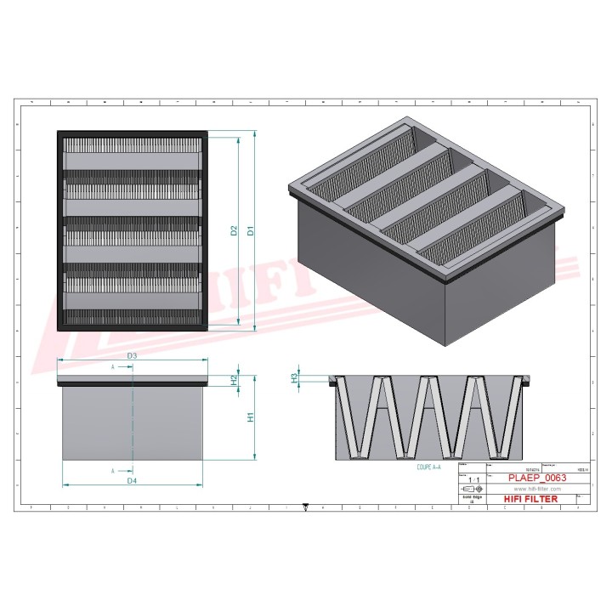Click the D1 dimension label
click(x=250, y=230)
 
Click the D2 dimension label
click(x=233, y=230)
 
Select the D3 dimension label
click(x=132, y=354)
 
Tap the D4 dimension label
click(x=132, y=482)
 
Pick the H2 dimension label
click(x=234, y=380)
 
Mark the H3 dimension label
click(x=295, y=377)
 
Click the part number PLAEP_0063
click(x=535, y=478)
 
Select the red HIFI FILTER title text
click(x=530, y=499)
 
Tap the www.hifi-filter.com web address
click(x=531, y=490)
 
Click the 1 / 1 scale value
click(x=472, y=479)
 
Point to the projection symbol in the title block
click(x=472, y=490)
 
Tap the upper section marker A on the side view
click(x=113, y=367)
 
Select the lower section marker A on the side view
click(x=113, y=470)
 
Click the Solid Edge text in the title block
click(x=471, y=498)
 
